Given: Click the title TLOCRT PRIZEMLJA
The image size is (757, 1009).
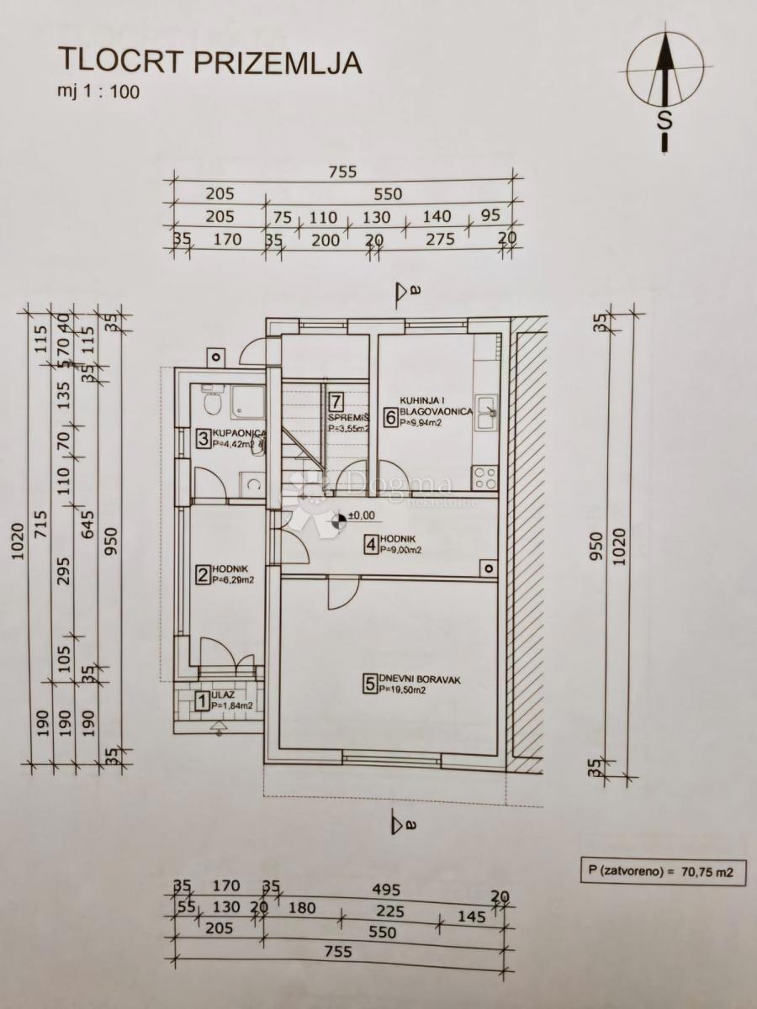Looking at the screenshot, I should pos(209,61).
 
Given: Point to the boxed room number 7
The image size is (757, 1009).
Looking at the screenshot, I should pos(336,401).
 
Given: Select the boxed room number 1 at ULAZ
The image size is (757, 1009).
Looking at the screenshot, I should pos(201,700).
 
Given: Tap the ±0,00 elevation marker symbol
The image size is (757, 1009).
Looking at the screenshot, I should pos(336,521).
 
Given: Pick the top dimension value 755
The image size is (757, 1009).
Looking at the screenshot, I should pos(344,172).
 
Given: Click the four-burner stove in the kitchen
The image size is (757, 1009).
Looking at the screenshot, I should pos(485,477).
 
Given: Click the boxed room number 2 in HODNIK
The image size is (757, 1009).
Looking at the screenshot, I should pos(202,576).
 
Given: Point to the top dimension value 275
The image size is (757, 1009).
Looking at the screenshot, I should pos(441,240).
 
